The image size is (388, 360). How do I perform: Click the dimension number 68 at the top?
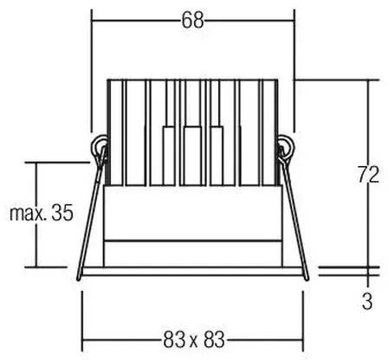192,21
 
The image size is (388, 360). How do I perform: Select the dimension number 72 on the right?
369,174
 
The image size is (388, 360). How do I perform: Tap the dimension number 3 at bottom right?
367,301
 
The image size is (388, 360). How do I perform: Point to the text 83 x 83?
194,339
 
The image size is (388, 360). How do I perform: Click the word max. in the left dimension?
28,214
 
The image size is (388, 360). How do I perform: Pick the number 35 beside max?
62,213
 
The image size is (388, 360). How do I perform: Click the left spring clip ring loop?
98,145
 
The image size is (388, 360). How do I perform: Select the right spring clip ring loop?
287,146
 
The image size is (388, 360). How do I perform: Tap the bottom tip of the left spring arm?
79,279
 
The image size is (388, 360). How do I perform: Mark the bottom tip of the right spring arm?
307,278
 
